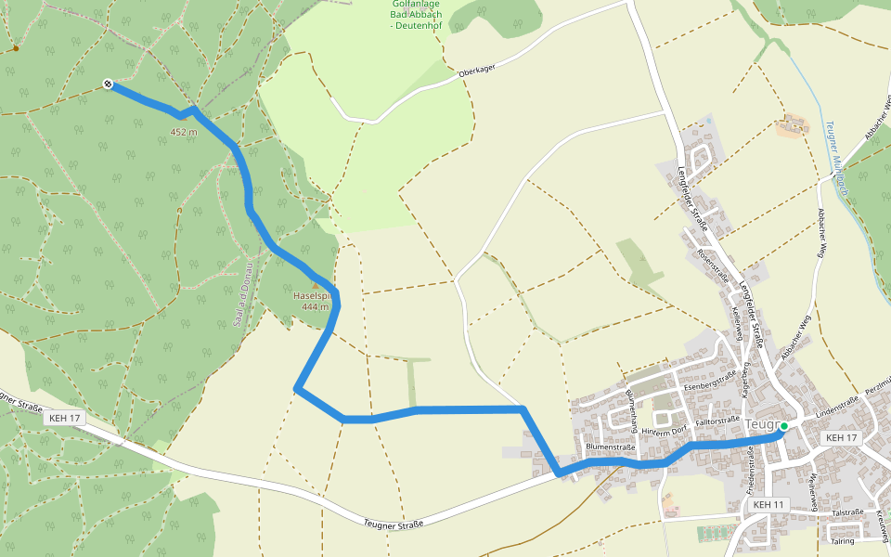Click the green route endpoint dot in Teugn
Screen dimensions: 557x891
point(784,426)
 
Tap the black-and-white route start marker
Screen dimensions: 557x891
point(109,84)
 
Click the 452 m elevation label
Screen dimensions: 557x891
point(184,133)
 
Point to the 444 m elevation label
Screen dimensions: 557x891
point(316,307)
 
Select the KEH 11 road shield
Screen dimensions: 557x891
point(769,504)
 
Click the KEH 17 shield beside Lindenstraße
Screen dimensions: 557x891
point(842,437)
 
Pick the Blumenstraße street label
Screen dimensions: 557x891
point(610,447)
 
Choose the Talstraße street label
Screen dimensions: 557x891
point(847,512)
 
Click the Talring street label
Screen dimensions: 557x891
point(843,540)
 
